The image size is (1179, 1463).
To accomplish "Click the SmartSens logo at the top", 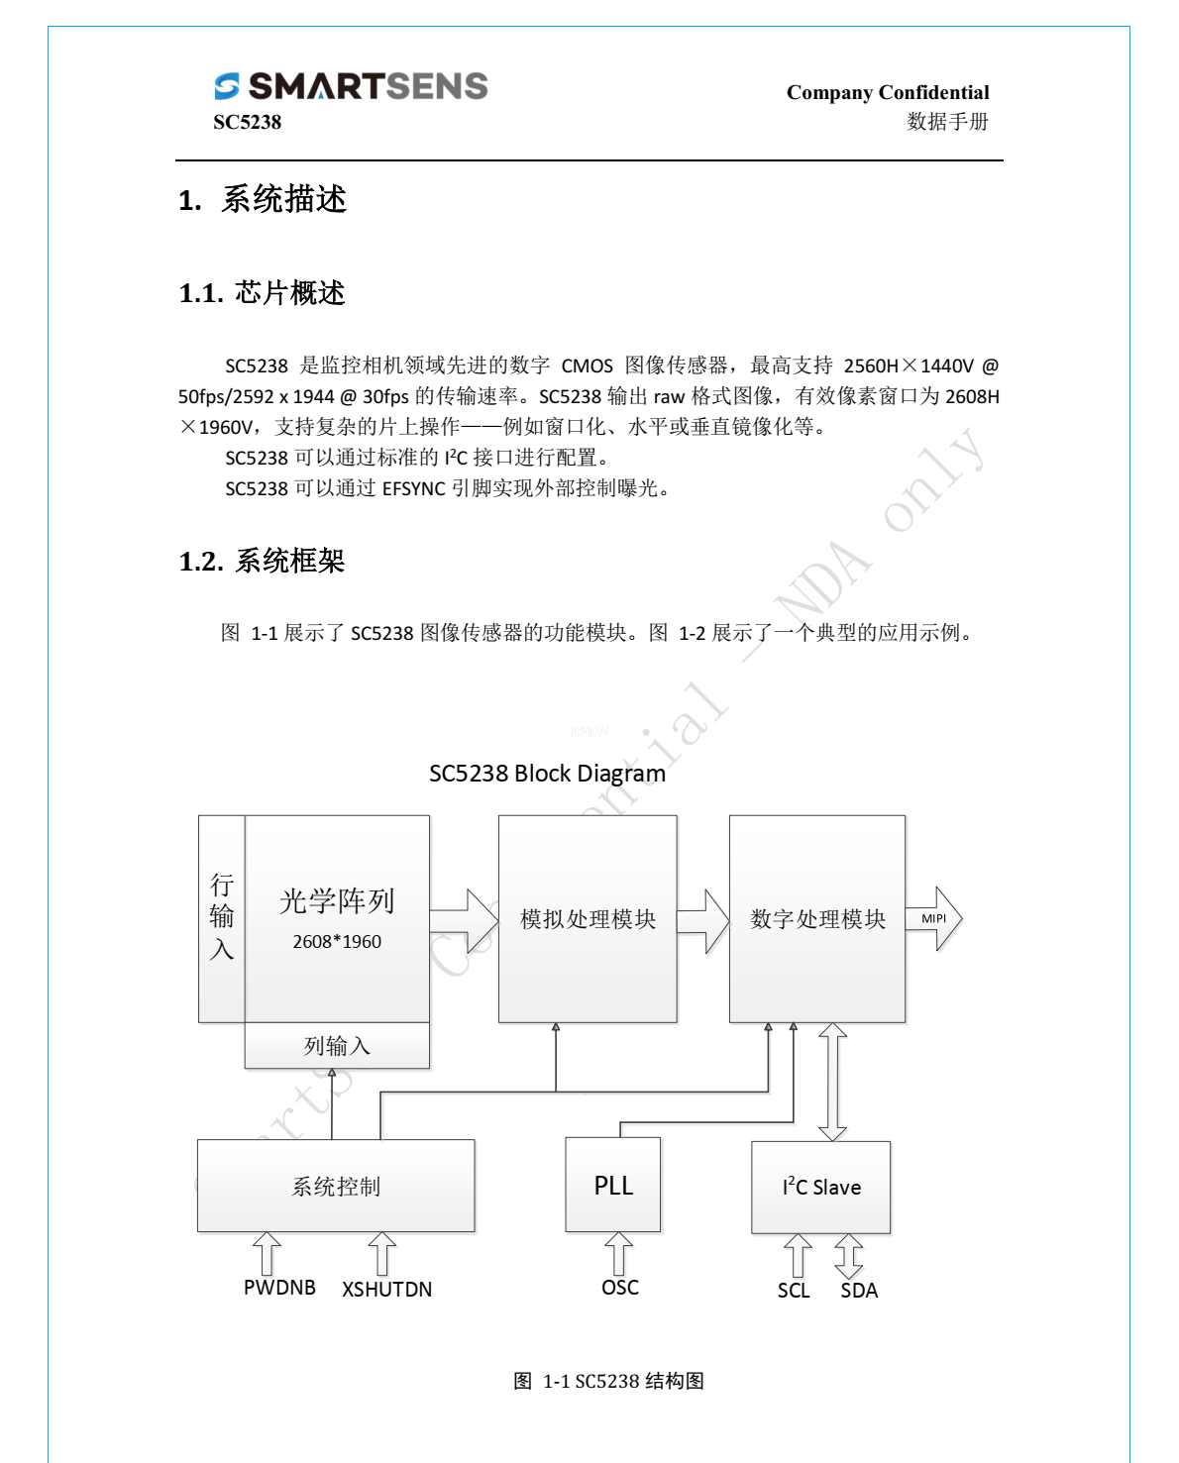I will [351, 86].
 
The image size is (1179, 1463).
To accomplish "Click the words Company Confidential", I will [887, 92].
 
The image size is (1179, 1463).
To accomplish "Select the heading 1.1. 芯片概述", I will [262, 293].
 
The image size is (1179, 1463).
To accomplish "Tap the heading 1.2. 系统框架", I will [262, 562].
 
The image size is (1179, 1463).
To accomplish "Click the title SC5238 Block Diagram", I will [547, 774].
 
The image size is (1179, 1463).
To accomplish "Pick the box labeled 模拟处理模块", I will [588, 919].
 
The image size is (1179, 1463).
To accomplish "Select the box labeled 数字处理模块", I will [817, 919].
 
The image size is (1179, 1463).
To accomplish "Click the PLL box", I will [613, 1186].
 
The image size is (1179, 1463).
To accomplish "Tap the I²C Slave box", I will [821, 1187].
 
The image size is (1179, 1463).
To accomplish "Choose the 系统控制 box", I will [336, 1187].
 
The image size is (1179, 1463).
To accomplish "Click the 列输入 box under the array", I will [337, 1046].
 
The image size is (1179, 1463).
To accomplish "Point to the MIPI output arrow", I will [934, 918].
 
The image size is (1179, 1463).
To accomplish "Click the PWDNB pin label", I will [279, 1288].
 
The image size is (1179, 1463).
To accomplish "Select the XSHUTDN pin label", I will [386, 1290].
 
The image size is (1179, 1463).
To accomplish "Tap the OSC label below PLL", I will [620, 1288].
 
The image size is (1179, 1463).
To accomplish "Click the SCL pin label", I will [794, 1291].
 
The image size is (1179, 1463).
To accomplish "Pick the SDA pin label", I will [859, 1291].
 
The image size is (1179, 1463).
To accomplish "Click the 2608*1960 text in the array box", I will [337, 942].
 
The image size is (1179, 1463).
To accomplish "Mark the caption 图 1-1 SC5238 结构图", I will [608, 1381].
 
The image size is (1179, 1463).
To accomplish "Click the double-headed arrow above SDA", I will [849, 1256].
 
